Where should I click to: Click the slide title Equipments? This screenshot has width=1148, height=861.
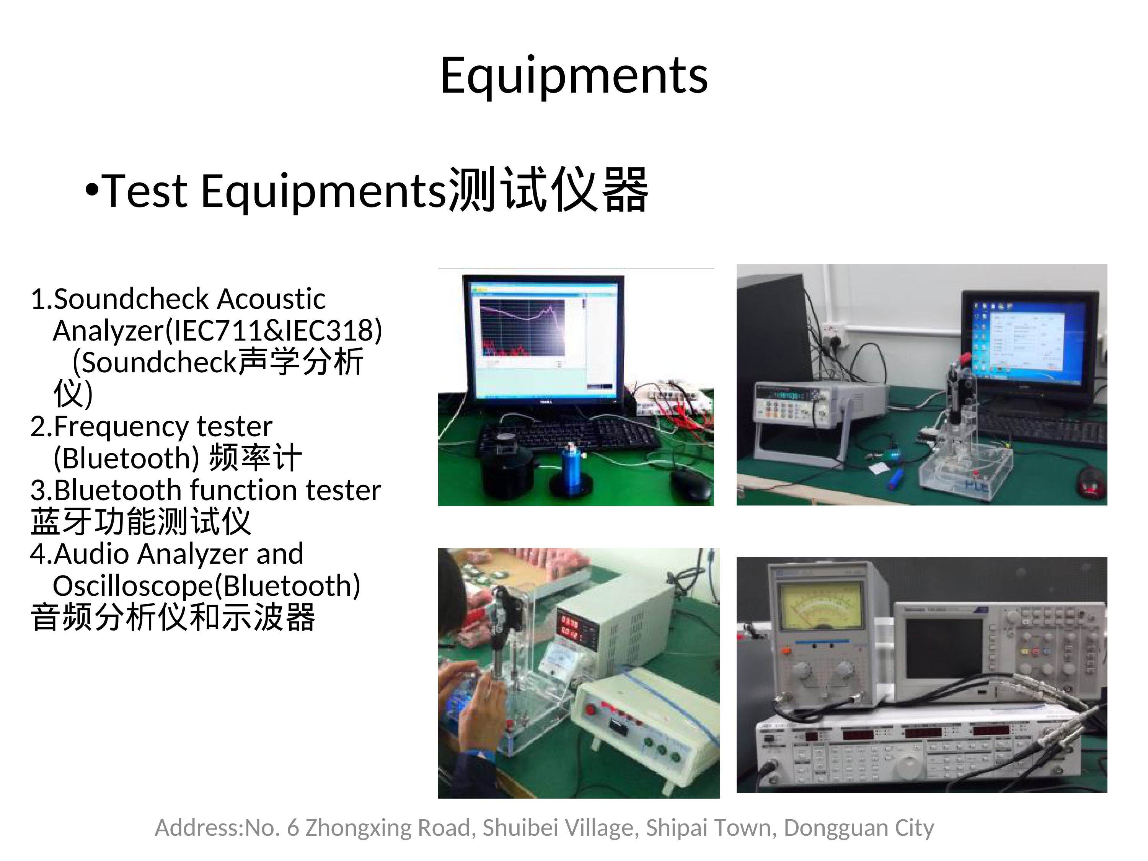[574, 76]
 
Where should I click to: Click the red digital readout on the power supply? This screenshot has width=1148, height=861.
[569, 628]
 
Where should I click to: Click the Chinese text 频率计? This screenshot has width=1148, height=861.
[255, 458]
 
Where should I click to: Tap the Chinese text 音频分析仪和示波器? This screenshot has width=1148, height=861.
[173, 618]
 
